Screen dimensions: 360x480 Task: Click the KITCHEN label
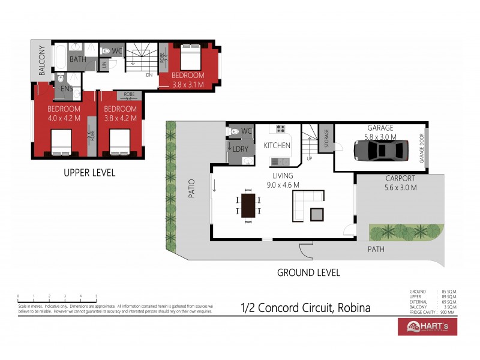tap(277, 145)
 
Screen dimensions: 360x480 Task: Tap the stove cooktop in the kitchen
tap(280, 128)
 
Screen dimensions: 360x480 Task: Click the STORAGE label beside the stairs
tap(326, 138)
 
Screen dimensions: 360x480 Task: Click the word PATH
tap(376, 249)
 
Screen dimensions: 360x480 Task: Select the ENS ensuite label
tap(66, 89)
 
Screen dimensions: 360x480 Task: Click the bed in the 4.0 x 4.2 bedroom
tap(62, 142)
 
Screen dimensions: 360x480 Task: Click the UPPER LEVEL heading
tap(89, 173)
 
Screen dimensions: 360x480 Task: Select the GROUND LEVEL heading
tap(308, 272)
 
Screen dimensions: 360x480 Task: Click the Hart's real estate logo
tap(427, 326)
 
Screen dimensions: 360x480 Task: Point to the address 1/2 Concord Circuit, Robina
tap(305, 308)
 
